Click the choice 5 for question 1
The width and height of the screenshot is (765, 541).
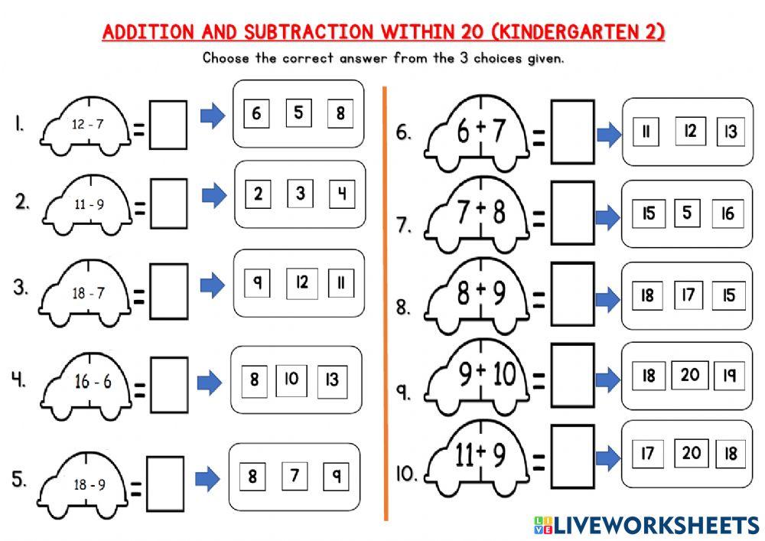point(298,114)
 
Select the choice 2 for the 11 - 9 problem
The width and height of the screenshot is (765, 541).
point(259,194)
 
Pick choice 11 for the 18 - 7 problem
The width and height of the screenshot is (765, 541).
point(340,284)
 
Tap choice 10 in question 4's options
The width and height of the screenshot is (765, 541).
point(291,378)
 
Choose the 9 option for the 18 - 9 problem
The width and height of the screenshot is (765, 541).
point(335,476)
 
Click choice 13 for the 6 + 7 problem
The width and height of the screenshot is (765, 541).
point(731,132)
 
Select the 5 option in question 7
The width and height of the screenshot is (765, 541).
point(687,213)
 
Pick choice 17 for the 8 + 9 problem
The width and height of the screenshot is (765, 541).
point(688,295)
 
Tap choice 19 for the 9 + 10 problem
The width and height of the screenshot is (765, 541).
point(729,375)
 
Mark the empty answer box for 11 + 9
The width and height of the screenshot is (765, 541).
point(572,456)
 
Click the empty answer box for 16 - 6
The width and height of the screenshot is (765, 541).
point(168,380)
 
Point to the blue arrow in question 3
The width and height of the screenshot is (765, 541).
point(212,285)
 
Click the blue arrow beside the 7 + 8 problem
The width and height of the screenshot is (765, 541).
point(608,218)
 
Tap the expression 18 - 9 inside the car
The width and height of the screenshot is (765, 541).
point(90,484)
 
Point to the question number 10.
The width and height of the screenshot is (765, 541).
point(405,474)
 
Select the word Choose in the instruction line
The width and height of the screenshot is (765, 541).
point(227,58)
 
